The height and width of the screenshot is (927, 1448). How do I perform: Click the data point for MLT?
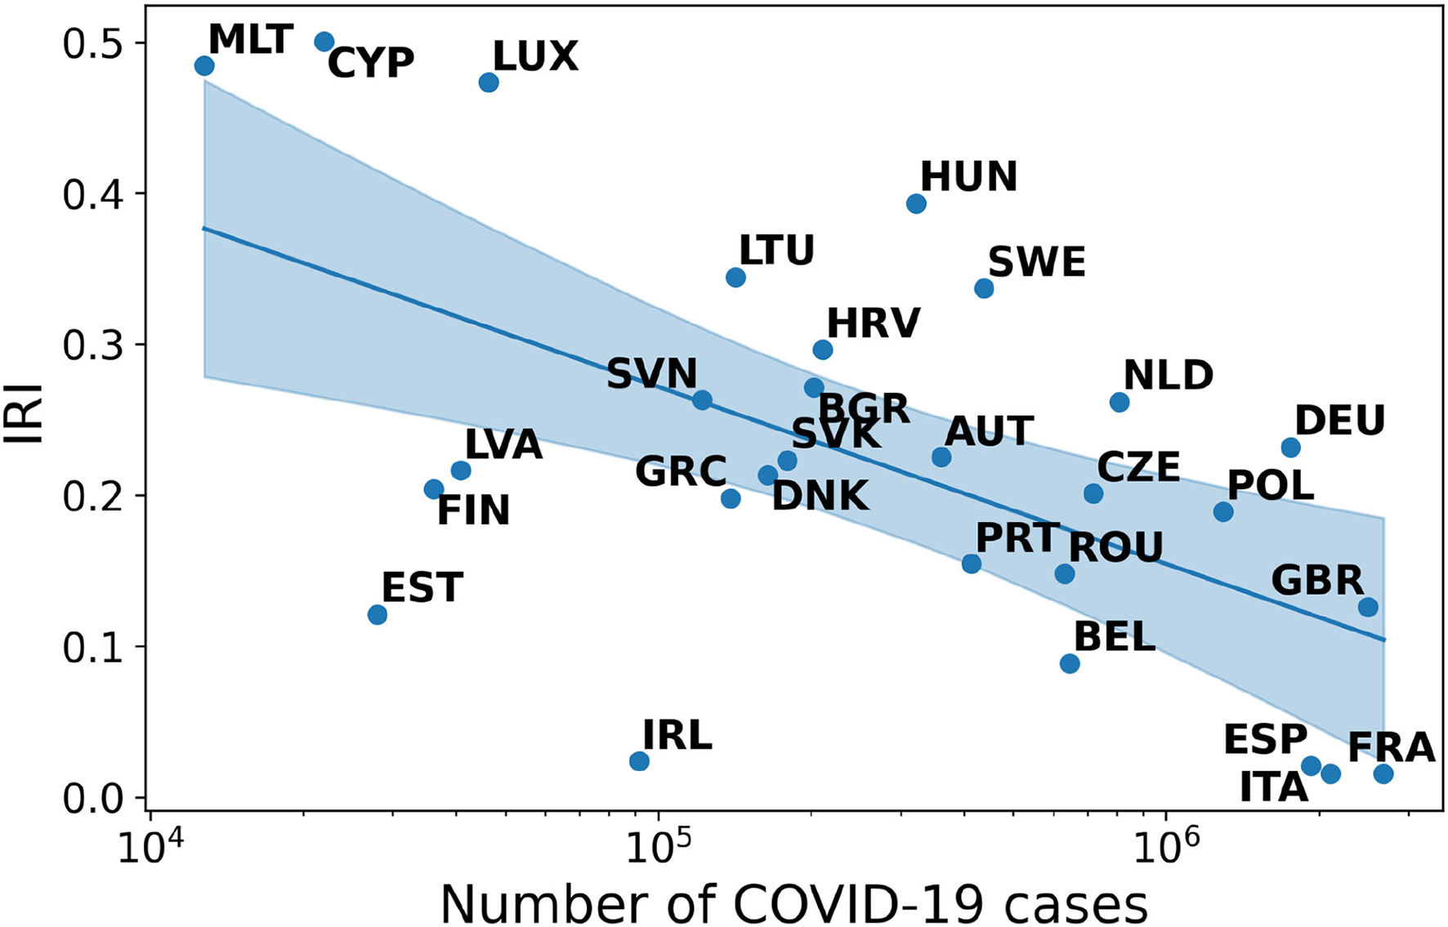click(204, 65)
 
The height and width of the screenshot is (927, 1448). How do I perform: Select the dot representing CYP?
click(324, 42)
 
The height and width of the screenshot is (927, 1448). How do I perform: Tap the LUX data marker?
click(489, 82)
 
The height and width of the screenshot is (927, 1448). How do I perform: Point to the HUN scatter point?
click(916, 203)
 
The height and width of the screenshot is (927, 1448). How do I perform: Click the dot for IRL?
click(639, 761)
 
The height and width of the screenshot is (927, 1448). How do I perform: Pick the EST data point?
click(377, 614)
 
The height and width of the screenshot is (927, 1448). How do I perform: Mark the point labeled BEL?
click(1070, 663)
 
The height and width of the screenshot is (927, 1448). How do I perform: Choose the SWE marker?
click(984, 288)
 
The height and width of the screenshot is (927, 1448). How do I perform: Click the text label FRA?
click(1391, 747)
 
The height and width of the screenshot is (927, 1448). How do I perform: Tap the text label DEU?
click(1340, 421)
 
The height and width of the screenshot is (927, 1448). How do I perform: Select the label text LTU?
click(776, 250)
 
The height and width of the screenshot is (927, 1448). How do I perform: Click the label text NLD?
click(1168, 376)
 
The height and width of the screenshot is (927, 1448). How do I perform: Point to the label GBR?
click(1317, 581)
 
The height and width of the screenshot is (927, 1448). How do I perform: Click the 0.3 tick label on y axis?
click(88, 345)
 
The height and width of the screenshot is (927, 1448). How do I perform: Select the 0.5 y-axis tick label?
click(88, 43)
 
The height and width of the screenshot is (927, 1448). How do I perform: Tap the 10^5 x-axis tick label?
click(654, 848)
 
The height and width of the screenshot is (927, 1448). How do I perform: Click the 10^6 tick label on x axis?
click(1163, 848)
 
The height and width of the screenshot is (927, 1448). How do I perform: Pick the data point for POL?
click(1223, 512)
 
